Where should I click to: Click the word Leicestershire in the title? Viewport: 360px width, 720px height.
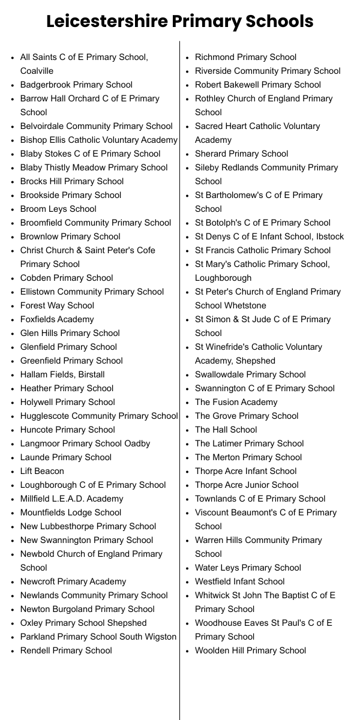click(107, 22)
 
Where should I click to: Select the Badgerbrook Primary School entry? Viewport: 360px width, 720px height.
click(76, 85)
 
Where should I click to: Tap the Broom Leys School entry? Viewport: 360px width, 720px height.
click(58, 209)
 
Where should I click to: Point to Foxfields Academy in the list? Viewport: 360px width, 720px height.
click(57, 319)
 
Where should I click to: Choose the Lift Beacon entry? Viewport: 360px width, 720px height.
click(42, 471)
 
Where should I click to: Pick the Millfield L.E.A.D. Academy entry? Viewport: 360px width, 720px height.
click(71, 499)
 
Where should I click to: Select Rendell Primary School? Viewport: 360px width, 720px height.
click(66, 650)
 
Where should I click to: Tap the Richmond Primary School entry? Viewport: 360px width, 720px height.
click(245, 57)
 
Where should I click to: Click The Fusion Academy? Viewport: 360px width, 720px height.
click(236, 402)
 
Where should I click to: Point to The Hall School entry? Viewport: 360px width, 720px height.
click(226, 430)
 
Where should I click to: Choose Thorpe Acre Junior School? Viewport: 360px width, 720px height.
click(247, 485)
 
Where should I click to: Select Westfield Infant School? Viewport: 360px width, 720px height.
click(239, 581)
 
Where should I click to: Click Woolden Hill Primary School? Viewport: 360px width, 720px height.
click(250, 650)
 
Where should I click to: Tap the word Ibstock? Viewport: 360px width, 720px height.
click(328, 236)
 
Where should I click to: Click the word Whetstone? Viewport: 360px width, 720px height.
click(245, 305)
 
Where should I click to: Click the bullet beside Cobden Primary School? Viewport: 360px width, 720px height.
click(13, 278)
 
